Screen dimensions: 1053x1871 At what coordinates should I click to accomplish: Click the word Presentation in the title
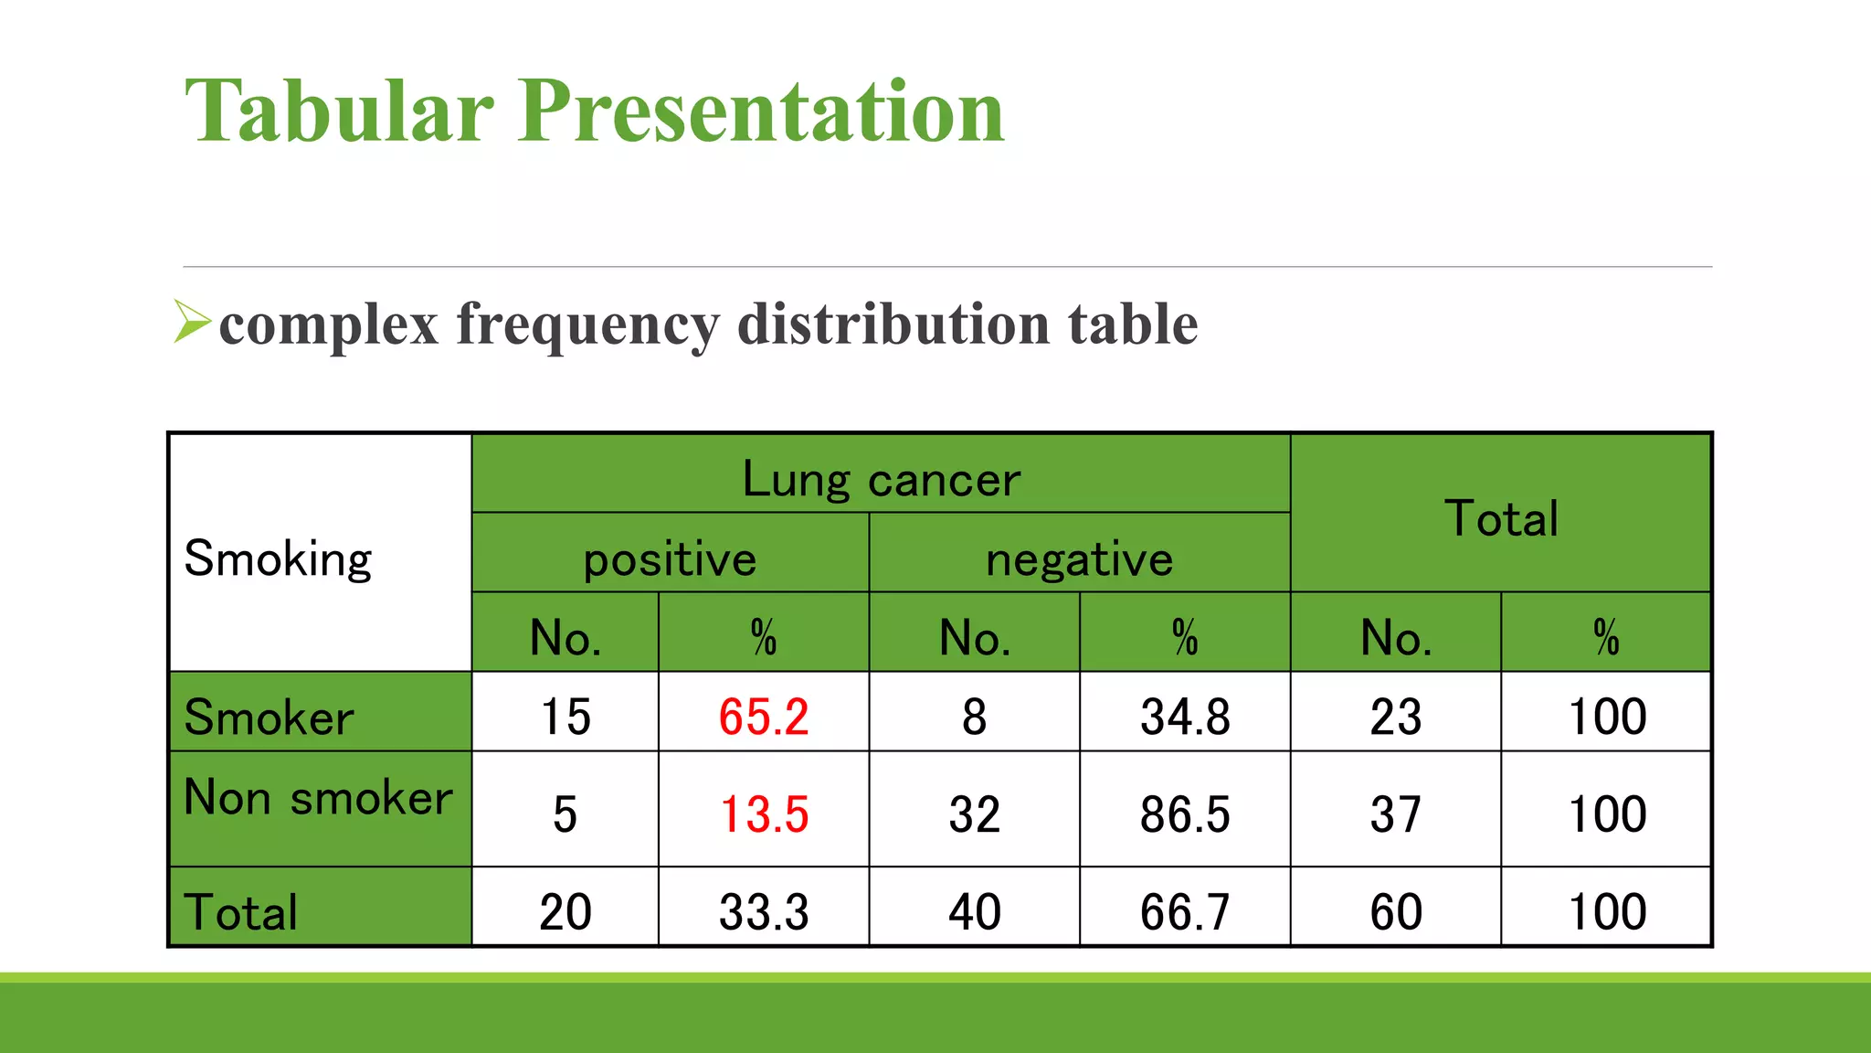coord(761,112)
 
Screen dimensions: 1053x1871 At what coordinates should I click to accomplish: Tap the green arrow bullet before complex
coord(191,321)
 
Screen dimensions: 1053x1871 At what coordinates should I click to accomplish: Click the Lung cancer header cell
coord(881,478)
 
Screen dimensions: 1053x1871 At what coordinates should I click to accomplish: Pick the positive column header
coord(670,558)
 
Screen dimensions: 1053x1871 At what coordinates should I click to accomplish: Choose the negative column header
coord(1079,558)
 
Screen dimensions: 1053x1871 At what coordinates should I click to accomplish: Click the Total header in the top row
coord(1500,518)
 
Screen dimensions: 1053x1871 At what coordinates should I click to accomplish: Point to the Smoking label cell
coord(279,558)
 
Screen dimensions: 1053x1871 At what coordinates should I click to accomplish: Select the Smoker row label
coord(269,717)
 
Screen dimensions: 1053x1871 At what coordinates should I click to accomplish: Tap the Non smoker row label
coord(318,797)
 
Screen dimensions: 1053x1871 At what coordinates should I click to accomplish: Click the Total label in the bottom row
coord(241,911)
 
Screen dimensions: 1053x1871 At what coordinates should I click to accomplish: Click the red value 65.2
coord(763,716)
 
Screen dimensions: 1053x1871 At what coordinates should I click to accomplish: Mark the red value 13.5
coord(763,814)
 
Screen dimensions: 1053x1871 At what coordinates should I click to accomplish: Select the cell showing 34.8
coord(1185,716)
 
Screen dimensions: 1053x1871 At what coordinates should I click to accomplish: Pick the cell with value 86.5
coord(1185,814)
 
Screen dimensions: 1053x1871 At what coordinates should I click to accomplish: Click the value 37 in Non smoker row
coord(1395,814)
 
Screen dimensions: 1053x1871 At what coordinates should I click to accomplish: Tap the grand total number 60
coord(1395,911)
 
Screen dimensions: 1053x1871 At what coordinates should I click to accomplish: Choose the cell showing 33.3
coord(763,911)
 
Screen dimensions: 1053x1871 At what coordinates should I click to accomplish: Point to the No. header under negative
coord(974,637)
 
